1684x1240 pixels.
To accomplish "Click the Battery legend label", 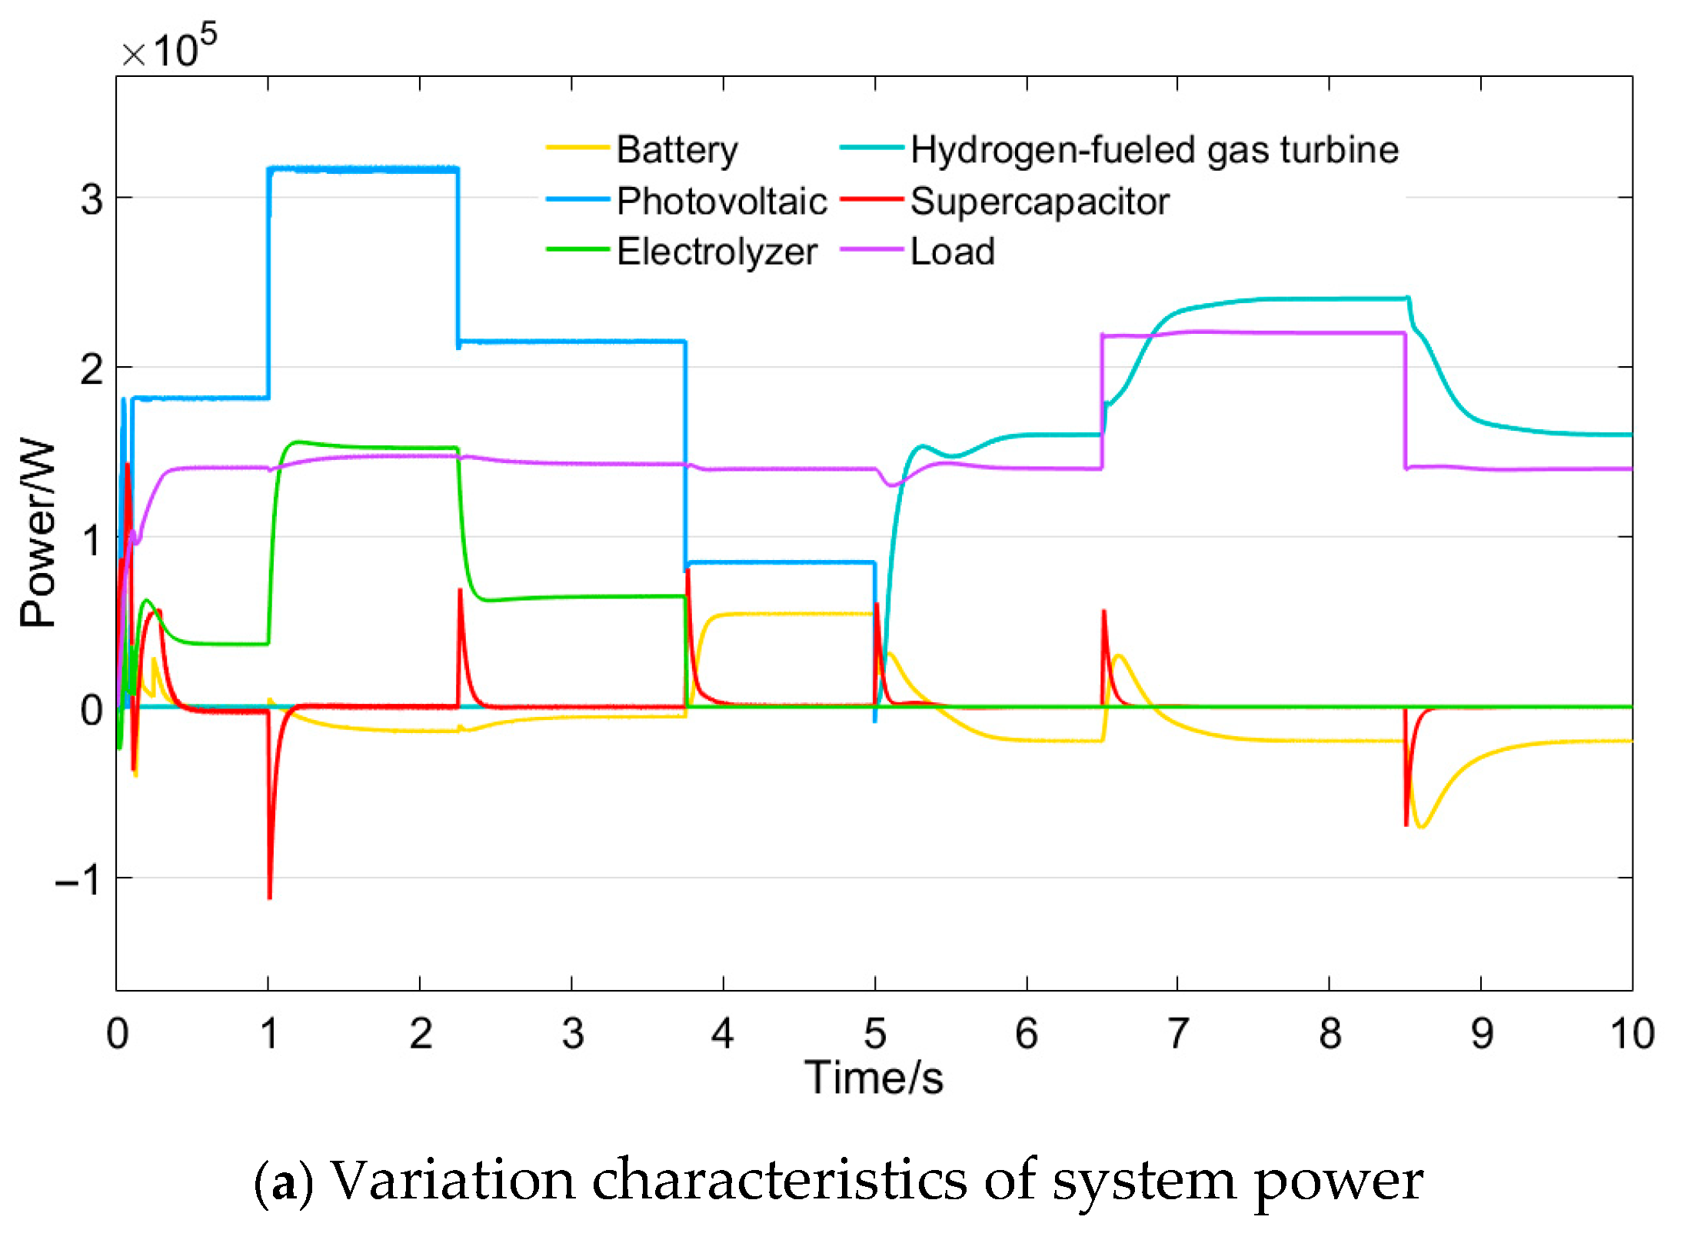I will click(677, 150).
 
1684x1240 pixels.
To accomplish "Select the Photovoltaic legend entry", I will click(721, 202).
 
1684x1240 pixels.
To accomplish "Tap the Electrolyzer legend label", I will click(717, 252).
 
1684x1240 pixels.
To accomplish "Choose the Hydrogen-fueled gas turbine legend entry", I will click(1153, 150).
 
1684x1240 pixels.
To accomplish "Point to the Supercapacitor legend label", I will click(1040, 202).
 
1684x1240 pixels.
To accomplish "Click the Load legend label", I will click(952, 252).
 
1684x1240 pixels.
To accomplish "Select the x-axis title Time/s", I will click(874, 1077).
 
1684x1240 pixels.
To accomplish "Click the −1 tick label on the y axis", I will click(78, 878).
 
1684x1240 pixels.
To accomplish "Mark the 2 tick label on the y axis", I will click(92, 370).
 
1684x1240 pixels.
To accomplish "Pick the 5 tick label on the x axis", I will click(875, 1033).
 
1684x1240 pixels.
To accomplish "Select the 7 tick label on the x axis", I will click(1178, 1033).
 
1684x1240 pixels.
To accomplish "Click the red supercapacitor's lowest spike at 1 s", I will click(269, 896).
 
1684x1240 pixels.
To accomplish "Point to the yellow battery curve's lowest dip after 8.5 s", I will click(1423, 827).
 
